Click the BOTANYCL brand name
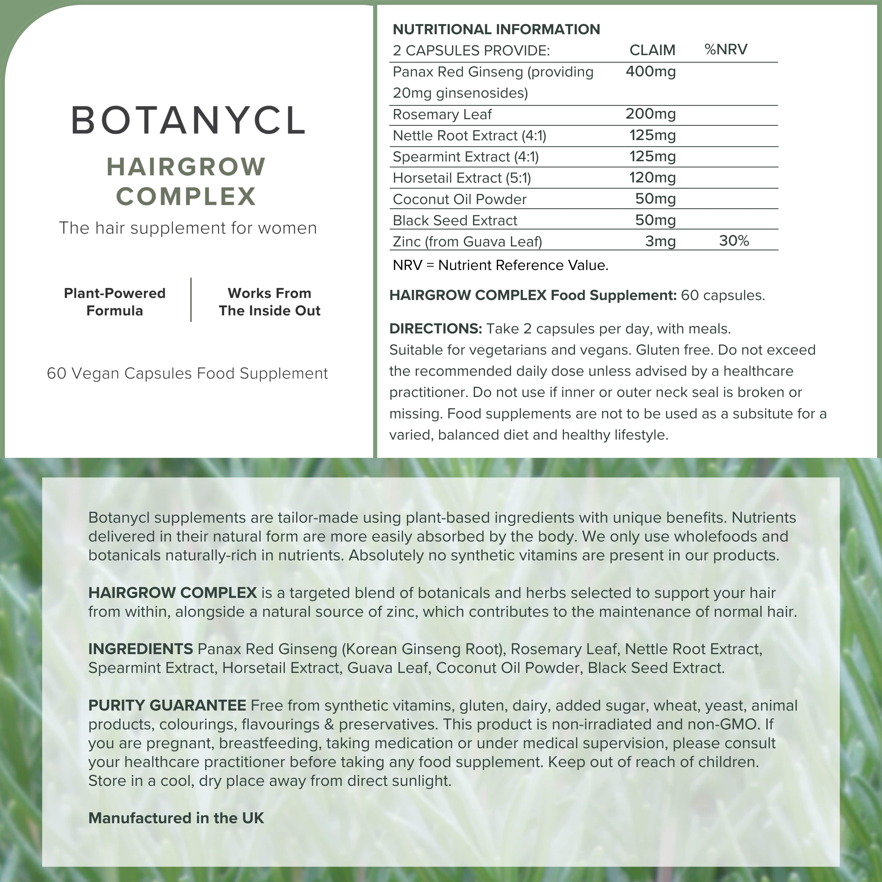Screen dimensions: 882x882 (188, 120)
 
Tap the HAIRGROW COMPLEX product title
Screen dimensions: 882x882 (186, 181)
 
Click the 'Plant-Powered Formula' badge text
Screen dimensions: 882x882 (114, 302)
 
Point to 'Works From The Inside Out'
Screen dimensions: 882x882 (269, 302)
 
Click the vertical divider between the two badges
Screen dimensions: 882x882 (191, 299)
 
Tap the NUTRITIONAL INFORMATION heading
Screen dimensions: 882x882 (496, 29)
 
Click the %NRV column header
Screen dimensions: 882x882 (726, 49)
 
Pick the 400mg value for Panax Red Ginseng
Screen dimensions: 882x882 (650, 72)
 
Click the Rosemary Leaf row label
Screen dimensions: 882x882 (442, 114)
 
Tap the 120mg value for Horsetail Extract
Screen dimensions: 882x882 (652, 178)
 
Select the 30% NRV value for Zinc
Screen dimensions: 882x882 (734, 241)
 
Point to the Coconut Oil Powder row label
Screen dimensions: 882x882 (459, 199)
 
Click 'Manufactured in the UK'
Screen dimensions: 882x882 (176, 818)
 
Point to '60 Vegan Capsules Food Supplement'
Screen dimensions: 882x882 (187, 373)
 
